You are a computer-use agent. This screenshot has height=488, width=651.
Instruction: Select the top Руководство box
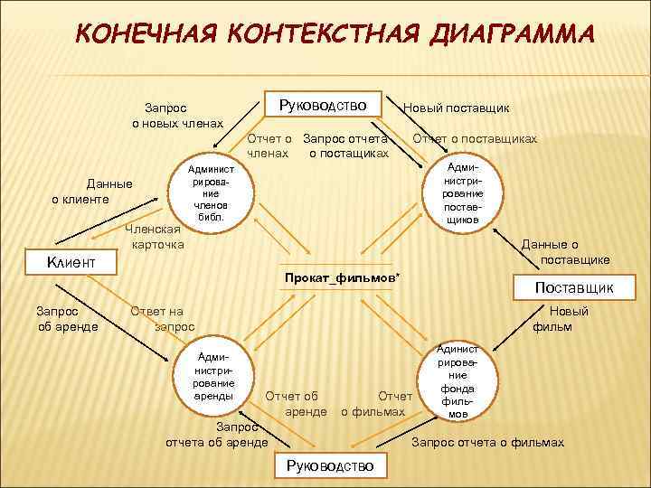click(x=324, y=105)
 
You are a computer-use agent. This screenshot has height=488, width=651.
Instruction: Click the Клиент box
click(x=71, y=262)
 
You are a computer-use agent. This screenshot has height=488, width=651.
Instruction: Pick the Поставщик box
click(x=574, y=287)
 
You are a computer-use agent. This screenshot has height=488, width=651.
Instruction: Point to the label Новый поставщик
click(x=456, y=108)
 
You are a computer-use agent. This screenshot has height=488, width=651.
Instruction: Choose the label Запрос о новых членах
click(x=177, y=114)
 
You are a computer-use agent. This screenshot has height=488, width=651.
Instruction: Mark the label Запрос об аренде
click(x=68, y=318)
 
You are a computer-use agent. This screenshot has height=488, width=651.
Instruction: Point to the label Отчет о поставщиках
click(x=475, y=139)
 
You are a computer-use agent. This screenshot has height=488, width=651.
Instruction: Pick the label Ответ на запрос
click(x=163, y=318)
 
